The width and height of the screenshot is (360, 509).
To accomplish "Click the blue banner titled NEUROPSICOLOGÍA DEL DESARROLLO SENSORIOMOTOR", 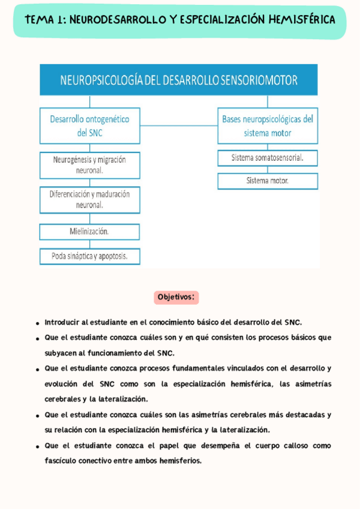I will click(x=178, y=80).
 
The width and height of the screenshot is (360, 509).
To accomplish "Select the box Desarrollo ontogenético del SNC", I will click(x=90, y=126).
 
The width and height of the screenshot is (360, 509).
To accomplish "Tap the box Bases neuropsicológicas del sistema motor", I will click(x=268, y=126).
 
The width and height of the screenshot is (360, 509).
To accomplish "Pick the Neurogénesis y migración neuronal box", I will click(x=90, y=165).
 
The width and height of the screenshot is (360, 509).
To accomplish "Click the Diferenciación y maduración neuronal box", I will click(x=90, y=200).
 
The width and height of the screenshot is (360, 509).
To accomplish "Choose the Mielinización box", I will click(x=89, y=231).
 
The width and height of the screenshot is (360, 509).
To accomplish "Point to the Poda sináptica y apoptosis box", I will click(x=90, y=256).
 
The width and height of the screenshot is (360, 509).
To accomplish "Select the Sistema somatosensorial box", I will click(x=268, y=158).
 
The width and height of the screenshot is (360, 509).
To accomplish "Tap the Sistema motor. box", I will click(x=268, y=181).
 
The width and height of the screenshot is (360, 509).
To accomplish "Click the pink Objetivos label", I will click(x=176, y=297).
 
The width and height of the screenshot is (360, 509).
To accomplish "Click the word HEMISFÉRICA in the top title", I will click(x=302, y=20).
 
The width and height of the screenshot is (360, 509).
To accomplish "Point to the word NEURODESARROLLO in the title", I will click(x=118, y=20).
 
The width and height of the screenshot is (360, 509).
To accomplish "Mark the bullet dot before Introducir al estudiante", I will click(x=38, y=323).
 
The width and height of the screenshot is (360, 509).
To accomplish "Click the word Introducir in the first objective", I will click(x=61, y=322).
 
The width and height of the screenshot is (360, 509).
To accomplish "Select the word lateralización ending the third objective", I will click(x=121, y=399).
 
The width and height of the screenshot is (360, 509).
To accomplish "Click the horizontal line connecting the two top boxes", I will click(x=179, y=126).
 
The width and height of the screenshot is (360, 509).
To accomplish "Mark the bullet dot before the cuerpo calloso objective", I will click(x=38, y=446).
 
